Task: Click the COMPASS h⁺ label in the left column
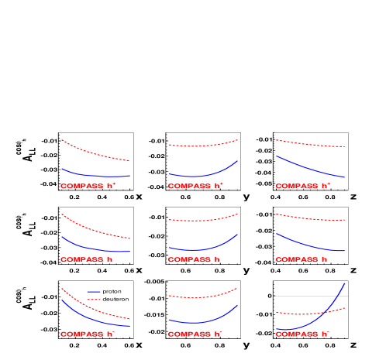tap(88, 186)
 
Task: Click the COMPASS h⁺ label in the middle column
tap(195, 186)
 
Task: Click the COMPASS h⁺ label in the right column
tap(303, 186)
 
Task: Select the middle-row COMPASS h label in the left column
tap(87, 259)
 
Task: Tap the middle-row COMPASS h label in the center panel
tap(194, 259)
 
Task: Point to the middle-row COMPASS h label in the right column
tap(302, 259)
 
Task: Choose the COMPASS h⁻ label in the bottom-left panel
tap(88, 334)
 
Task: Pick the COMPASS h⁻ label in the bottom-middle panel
tap(195, 334)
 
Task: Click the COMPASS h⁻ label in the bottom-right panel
tap(303, 334)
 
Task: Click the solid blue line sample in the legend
tap(94, 292)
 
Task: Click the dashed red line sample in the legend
tap(94, 299)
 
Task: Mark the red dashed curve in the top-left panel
tap(93, 153)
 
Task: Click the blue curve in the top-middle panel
tap(202, 175)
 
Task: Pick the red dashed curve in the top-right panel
tap(310, 144)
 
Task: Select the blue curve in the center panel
tap(202, 249)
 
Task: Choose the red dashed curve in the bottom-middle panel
tap(202, 297)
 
